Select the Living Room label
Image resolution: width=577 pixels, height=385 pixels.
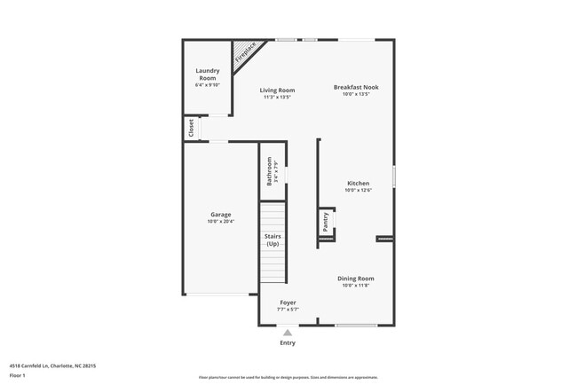click(x=277, y=90)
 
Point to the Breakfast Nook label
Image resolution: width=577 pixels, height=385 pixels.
click(x=355, y=87)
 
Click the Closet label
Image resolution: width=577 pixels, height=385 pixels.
click(x=191, y=129)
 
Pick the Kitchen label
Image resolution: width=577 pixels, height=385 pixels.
click(x=358, y=184)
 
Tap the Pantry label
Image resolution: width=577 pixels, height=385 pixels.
click(x=326, y=221)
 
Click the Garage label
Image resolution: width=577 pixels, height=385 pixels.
click(x=220, y=215)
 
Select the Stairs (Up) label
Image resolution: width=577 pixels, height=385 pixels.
click(x=273, y=240)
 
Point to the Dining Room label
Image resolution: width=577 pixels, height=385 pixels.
click(x=355, y=279)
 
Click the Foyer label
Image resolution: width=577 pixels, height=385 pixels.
click(x=288, y=302)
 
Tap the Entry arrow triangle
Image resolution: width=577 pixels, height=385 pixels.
click(x=287, y=333)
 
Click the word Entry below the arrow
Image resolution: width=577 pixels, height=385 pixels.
click(x=288, y=342)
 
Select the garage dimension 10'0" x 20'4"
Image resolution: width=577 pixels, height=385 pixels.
click(x=220, y=222)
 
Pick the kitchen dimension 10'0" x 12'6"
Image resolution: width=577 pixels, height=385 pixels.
click(x=358, y=190)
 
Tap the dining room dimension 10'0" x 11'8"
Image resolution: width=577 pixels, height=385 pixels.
click(x=355, y=286)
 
